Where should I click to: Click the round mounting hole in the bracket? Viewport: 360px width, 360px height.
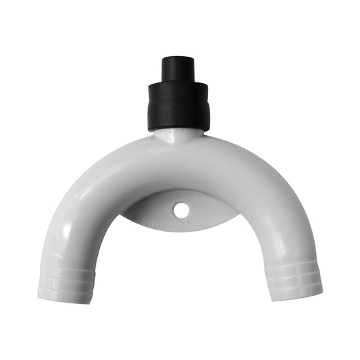[180, 210]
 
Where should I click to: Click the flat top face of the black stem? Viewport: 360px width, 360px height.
[178, 58]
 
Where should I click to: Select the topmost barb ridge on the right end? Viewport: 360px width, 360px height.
[288, 264]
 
